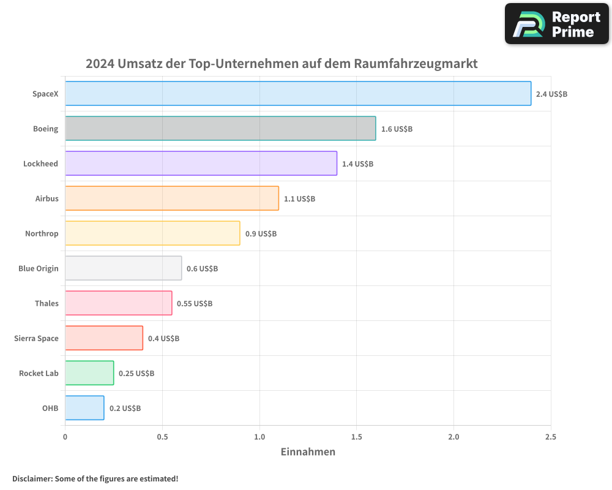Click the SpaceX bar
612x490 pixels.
[x=298, y=94]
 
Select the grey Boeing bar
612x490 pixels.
[x=220, y=129]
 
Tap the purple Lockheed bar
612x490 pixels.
[x=201, y=164]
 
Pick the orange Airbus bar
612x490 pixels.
[x=172, y=198]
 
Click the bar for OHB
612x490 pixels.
[x=84, y=408]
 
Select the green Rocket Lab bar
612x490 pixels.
[x=89, y=373]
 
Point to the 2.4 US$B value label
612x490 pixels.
[x=551, y=94]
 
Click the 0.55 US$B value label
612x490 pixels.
[x=195, y=304]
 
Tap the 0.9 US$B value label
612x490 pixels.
[x=261, y=234]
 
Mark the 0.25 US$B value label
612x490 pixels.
[x=136, y=374]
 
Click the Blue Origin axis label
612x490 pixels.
[x=39, y=268]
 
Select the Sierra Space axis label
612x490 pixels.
[x=36, y=338]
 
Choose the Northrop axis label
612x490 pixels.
[x=42, y=233]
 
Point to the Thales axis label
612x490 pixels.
[x=47, y=303]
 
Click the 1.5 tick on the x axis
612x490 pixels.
[x=357, y=437]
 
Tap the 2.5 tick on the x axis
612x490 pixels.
[x=551, y=437]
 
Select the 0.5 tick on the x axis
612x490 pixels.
[x=162, y=437]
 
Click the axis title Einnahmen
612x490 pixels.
[x=308, y=452]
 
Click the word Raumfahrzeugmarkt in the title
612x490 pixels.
[x=416, y=64]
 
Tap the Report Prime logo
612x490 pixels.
[x=557, y=24]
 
